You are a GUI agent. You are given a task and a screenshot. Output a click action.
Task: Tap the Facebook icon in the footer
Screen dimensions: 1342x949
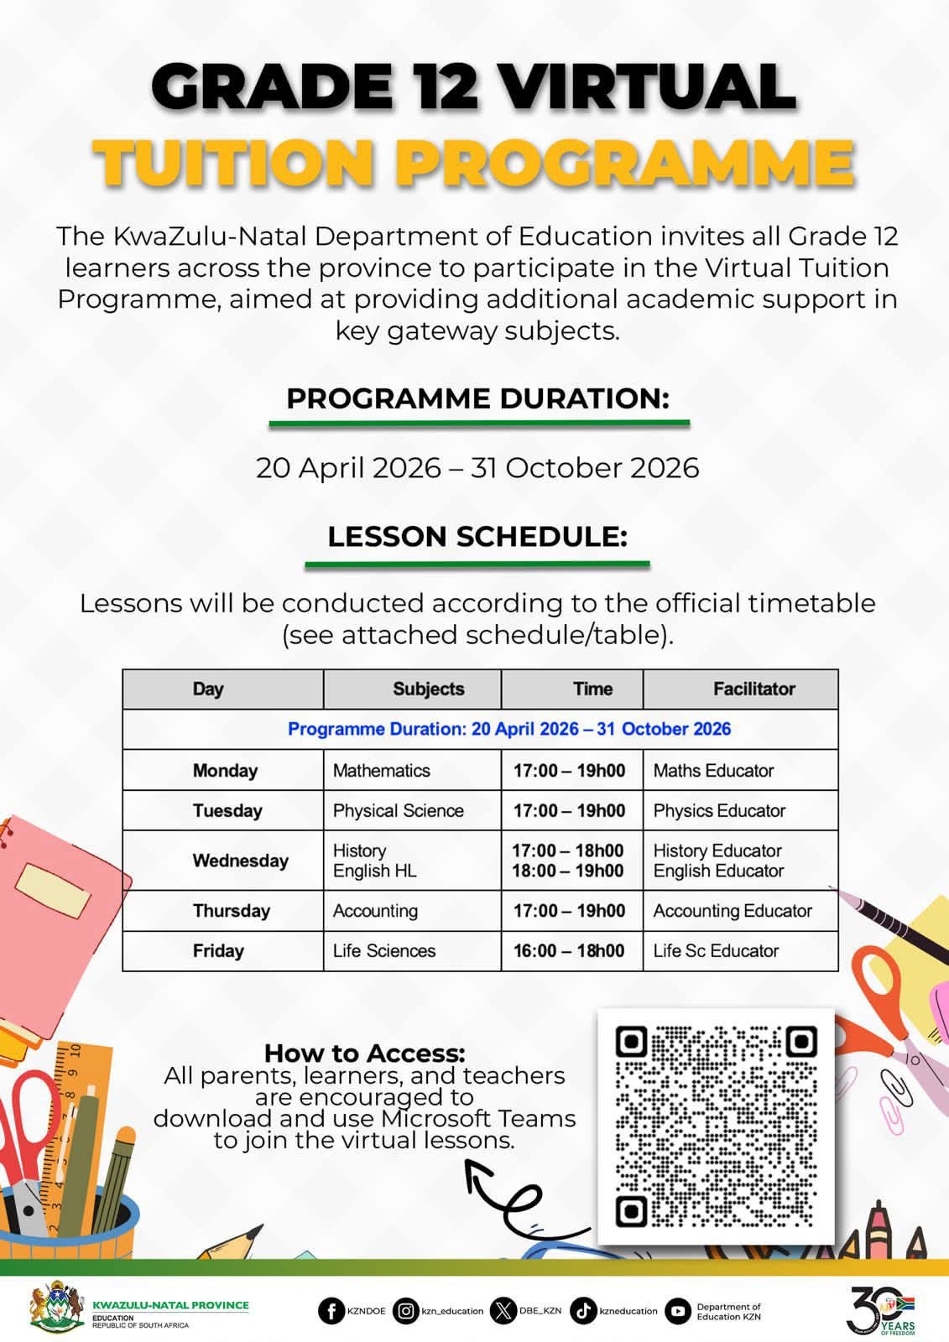(331, 1311)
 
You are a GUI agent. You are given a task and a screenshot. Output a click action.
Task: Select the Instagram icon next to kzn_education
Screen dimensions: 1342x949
(406, 1311)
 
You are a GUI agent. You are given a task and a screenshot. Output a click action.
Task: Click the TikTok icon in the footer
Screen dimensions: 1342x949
(583, 1311)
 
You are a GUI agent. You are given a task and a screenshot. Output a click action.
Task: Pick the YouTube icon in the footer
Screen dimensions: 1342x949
(678, 1311)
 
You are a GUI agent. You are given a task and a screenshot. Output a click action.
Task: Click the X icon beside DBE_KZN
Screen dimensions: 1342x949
(503, 1311)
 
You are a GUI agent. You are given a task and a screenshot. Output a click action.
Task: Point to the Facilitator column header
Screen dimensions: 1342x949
(753, 689)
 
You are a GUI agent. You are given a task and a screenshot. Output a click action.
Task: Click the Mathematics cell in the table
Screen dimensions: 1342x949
(382, 770)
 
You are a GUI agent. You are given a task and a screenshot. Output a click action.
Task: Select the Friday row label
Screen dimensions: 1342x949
(218, 950)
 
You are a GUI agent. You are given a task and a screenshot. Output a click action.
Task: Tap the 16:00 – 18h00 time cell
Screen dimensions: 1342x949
(569, 950)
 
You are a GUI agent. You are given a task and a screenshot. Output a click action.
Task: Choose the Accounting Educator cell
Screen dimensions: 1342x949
(733, 911)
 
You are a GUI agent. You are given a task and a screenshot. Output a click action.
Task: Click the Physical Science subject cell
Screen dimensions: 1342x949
(398, 810)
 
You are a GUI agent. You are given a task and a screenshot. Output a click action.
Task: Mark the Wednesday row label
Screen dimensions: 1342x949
(240, 861)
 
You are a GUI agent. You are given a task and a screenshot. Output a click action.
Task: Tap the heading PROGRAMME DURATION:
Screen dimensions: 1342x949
(477, 398)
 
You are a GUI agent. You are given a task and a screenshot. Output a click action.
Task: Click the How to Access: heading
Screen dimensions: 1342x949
(364, 1053)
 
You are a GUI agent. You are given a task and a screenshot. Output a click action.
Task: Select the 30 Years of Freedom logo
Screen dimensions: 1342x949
(880, 1309)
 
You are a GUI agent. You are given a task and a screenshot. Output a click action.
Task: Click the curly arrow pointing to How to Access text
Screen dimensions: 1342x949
(512, 1195)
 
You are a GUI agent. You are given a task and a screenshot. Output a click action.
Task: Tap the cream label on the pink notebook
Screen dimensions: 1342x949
(54, 890)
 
